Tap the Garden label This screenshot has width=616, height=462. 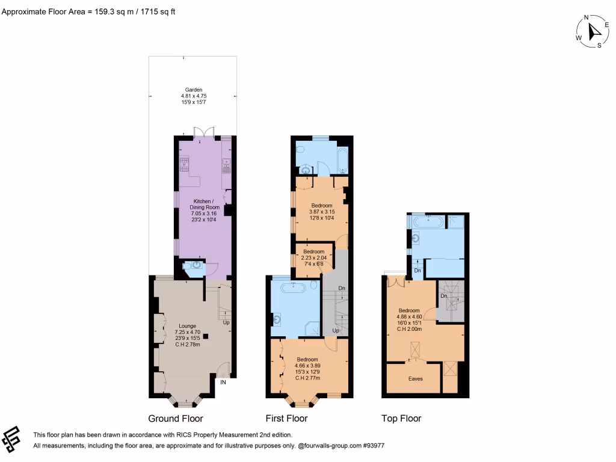194,96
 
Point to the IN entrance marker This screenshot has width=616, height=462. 223,382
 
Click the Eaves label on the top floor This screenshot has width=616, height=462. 415,379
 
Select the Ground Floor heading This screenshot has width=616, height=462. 176,419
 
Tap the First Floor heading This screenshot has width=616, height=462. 286,419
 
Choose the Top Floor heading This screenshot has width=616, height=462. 401,419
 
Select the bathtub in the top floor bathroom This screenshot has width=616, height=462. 428,222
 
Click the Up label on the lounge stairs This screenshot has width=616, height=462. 226,322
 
